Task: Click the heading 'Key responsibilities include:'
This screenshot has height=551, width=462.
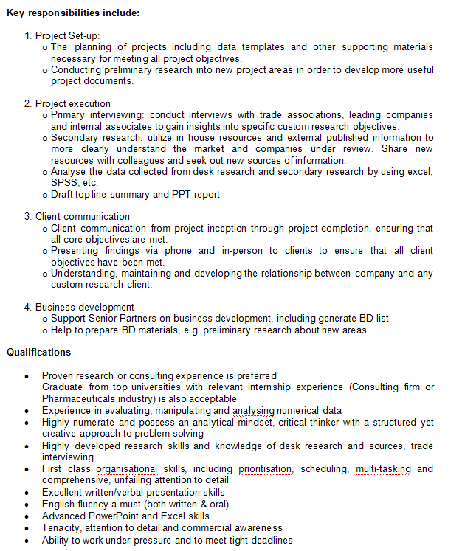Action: point(73,13)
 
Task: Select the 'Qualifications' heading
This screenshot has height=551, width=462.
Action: point(39,352)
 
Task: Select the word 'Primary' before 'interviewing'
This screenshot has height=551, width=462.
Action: point(69,115)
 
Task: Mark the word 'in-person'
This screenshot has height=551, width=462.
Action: point(238,251)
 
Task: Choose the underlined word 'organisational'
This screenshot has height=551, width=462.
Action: point(126,468)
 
